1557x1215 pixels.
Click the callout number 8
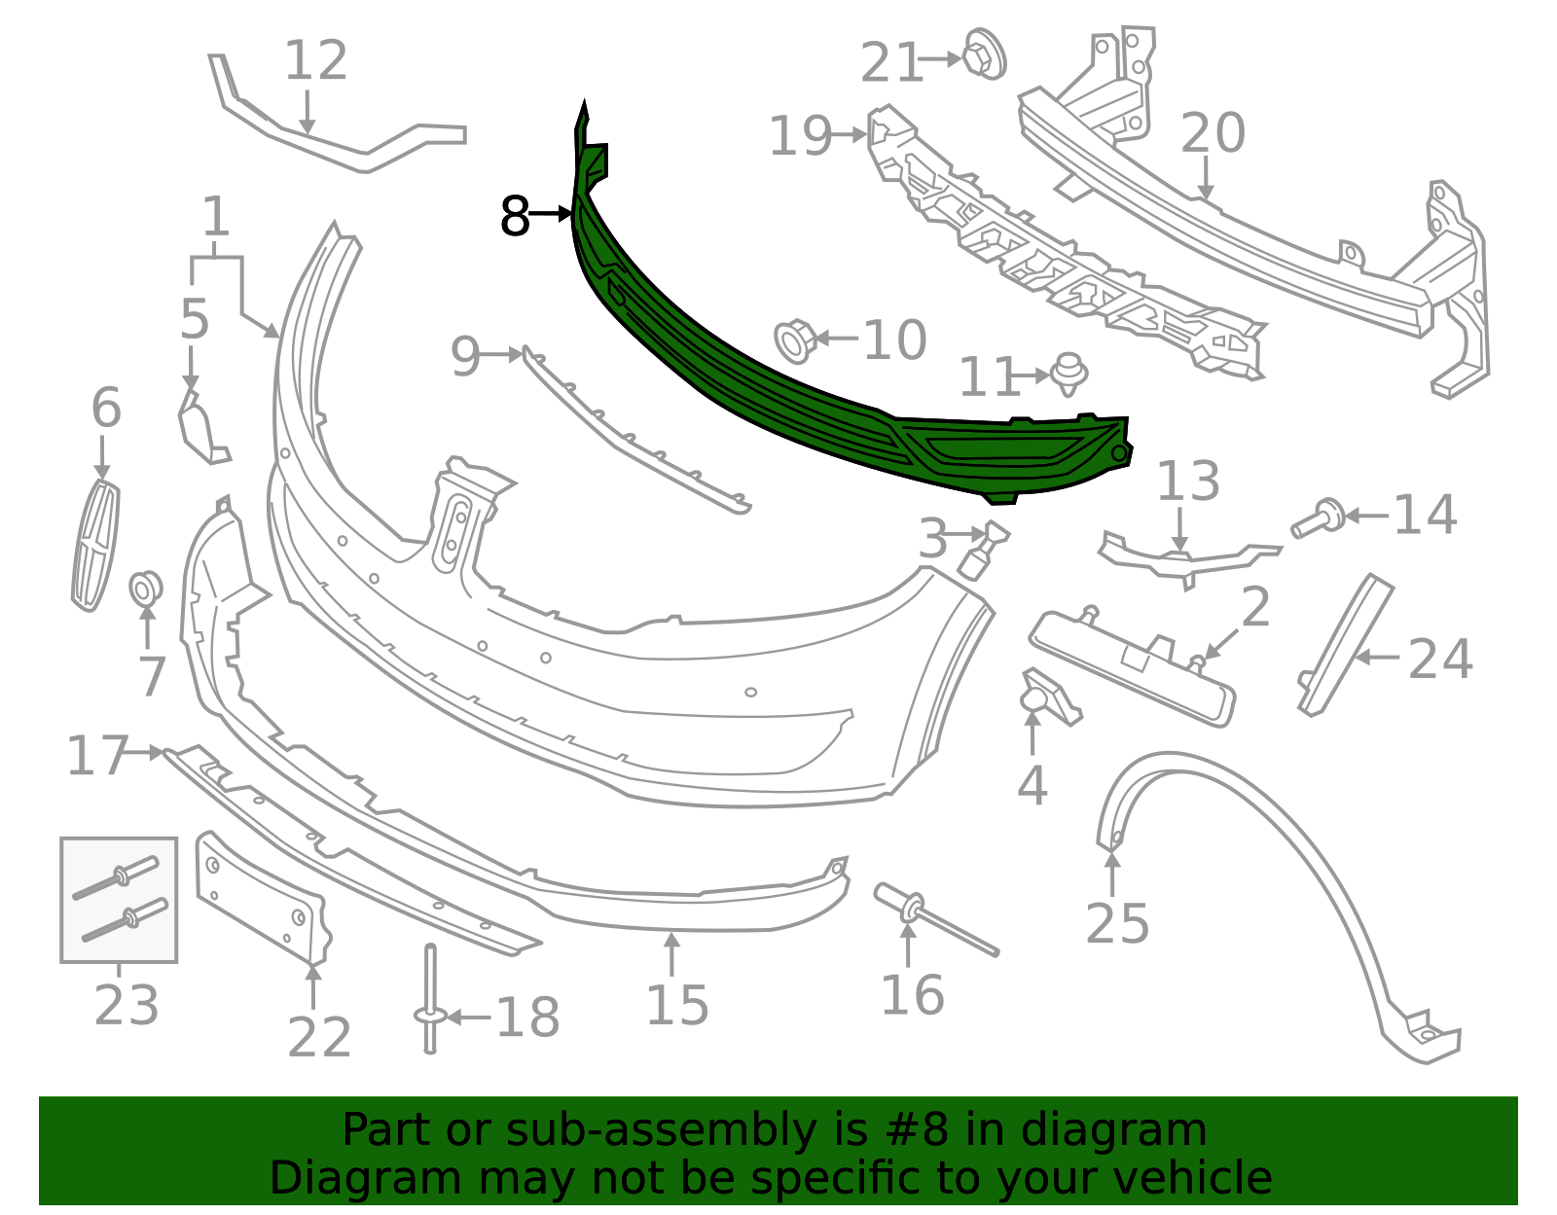tap(515, 216)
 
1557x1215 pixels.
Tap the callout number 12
tap(316, 61)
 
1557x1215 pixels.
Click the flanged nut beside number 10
tap(795, 341)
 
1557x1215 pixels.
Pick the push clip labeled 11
tap(1069, 374)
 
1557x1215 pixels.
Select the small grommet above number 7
tap(145, 589)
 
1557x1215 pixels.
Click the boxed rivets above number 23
tap(119, 899)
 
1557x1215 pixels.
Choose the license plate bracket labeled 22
tap(263, 899)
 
